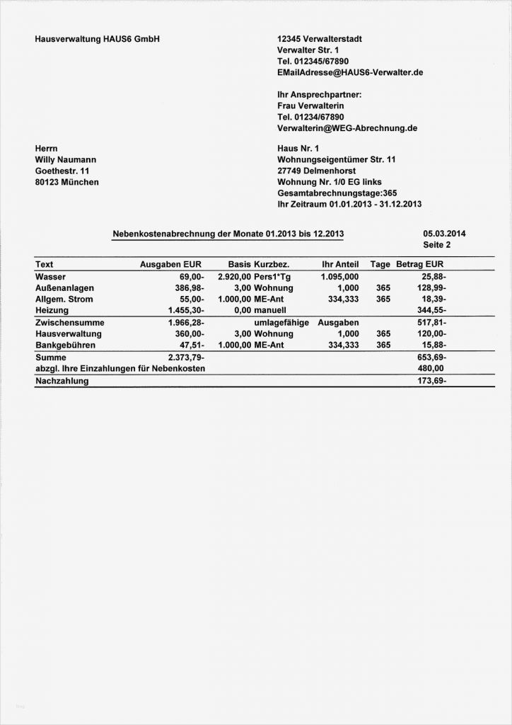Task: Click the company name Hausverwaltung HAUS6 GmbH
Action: (98, 39)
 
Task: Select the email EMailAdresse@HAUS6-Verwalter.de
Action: (351, 73)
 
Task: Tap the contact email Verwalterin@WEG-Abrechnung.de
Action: (347, 128)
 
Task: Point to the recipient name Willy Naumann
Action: (66, 160)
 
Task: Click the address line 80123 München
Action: (67, 183)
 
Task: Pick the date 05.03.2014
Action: (444, 234)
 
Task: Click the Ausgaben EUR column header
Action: (170, 265)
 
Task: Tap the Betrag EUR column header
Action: (420, 265)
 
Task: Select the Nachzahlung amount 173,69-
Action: (431, 382)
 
